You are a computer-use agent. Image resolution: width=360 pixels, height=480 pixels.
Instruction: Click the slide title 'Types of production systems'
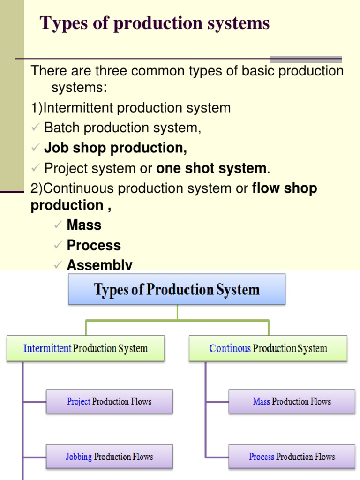click(155, 23)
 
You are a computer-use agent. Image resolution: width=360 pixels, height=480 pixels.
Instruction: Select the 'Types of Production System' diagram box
click(177, 289)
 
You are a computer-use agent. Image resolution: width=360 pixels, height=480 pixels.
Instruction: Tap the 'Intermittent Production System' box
click(85, 348)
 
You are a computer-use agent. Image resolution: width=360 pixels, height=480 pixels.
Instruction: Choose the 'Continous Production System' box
click(268, 348)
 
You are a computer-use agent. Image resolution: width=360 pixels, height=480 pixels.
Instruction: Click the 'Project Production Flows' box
click(109, 401)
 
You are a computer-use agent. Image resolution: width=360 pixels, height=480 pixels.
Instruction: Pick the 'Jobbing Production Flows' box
click(109, 457)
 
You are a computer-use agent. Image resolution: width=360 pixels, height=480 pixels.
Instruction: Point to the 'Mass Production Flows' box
click(292, 401)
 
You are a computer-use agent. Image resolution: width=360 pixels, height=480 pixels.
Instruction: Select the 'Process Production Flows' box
click(292, 457)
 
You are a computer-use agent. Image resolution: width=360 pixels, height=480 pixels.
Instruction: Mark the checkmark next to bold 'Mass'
click(58, 225)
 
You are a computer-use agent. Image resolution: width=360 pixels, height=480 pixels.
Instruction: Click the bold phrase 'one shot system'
click(211, 168)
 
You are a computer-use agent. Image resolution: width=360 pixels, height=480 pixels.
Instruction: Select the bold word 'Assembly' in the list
click(99, 265)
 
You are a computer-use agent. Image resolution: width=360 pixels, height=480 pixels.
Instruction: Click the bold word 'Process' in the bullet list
click(94, 245)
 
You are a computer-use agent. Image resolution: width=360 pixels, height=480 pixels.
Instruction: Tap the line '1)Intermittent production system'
click(130, 108)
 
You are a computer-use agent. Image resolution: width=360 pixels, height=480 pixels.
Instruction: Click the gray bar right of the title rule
click(306, 60)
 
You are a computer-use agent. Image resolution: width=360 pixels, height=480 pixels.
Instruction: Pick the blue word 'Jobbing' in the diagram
click(79, 457)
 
